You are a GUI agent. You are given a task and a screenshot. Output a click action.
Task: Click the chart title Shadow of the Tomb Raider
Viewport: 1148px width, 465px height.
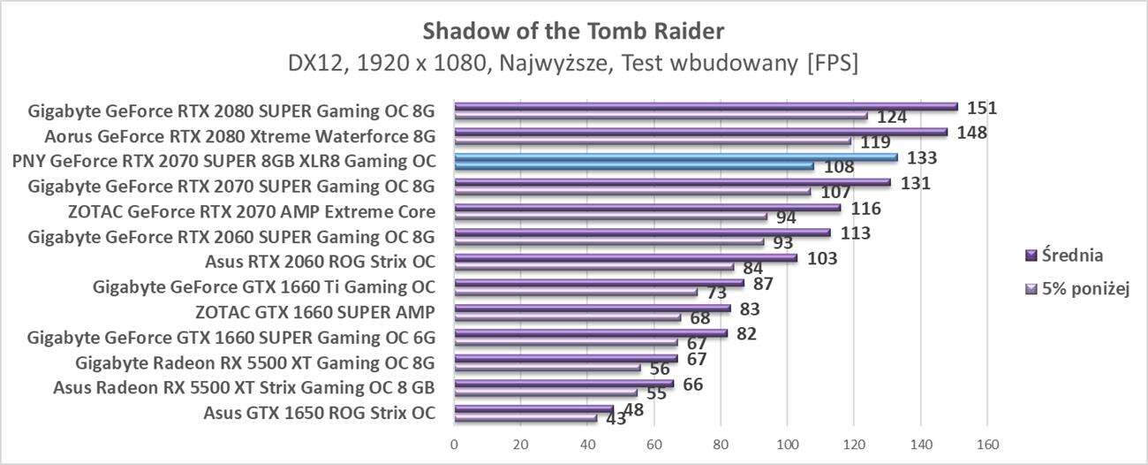click(573, 32)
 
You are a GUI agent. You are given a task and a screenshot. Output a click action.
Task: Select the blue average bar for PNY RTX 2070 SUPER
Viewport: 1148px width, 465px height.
click(676, 157)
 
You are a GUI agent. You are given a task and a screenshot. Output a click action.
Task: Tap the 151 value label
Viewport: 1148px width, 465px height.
click(982, 108)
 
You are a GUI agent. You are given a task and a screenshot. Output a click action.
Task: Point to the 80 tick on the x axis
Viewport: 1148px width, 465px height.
click(721, 443)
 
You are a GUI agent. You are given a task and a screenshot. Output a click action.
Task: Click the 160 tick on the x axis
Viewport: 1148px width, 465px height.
click(986, 443)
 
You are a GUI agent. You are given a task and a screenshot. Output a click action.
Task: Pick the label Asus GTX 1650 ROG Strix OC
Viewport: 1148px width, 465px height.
click(319, 412)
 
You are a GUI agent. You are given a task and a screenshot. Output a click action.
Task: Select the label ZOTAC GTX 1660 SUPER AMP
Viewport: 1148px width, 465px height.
click(314, 312)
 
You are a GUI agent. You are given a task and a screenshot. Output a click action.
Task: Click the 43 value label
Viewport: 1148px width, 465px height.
click(616, 419)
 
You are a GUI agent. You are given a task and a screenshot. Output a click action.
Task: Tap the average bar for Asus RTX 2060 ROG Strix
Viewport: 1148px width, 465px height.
click(625, 258)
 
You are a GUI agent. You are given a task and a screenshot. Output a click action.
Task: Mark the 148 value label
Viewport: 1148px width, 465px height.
click(971, 133)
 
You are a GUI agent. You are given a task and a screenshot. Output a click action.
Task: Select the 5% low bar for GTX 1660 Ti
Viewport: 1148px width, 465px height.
click(576, 292)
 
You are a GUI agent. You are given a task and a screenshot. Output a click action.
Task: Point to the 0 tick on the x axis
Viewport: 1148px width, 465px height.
click(454, 443)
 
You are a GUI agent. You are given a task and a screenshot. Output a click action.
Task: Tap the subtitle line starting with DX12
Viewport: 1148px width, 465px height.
click(573, 64)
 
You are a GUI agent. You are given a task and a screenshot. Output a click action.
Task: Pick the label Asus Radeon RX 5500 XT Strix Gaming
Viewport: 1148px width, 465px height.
click(244, 387)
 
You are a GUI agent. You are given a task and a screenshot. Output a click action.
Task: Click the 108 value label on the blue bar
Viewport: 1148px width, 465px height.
click(838, 167)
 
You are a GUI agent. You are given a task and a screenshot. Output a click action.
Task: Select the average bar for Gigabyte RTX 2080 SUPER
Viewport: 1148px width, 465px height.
click(706, 107)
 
